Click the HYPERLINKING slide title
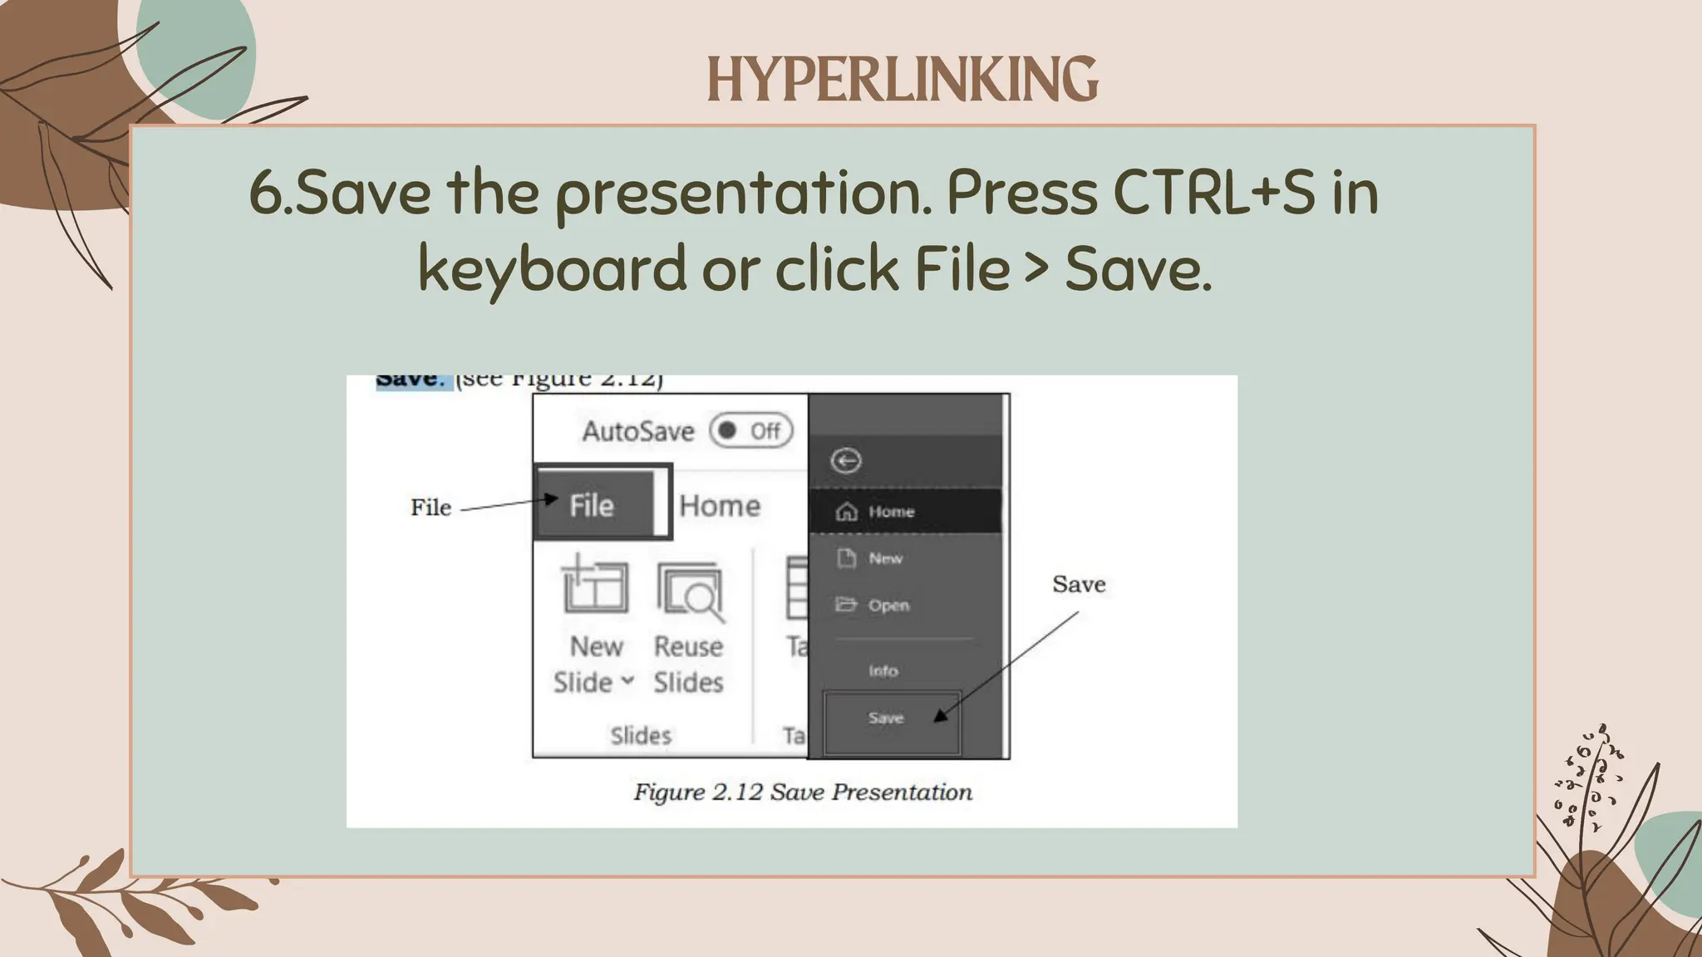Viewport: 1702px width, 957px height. [x=902, y=80]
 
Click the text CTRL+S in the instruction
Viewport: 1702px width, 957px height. [x=1213, y=193]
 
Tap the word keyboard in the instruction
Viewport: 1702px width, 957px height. [x=552, y=269]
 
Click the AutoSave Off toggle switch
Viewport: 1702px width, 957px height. [x=750, y=430]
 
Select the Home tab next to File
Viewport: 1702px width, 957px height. [x=720, y=505]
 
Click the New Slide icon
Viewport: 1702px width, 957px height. [x=595, y=588]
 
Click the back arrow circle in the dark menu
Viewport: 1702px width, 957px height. [x=847, y=460]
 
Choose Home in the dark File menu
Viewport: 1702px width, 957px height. [x=891, y=512]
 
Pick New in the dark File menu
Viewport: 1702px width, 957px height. [x=884, y=558]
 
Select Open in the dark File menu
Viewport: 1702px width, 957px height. [x=888, y=605]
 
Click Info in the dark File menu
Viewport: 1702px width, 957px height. [x=883, y=670]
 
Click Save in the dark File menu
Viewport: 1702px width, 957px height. [x=886, y=718]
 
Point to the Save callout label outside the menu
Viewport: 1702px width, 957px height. [x=1079, y=584]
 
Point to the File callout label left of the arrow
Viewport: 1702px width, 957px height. [x=430, y=508]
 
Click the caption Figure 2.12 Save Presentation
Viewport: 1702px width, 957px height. [x=803, y=792]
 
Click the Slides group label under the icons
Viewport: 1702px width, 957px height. [x=641, y=735]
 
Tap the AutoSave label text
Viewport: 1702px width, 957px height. [x=638, y=431]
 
